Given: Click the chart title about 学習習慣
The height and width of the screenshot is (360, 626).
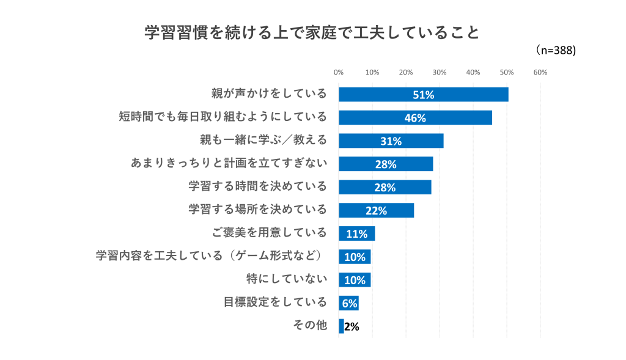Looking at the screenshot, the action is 312,33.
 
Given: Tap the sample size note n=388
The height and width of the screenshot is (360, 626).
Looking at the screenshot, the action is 555,50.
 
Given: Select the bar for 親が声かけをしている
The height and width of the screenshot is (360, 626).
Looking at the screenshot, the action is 424,95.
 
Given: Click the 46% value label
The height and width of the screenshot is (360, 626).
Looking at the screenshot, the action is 415,118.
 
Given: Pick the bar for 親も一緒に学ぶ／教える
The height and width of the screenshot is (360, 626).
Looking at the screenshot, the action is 391,141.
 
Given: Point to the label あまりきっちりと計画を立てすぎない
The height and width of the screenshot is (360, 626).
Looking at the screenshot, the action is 229,163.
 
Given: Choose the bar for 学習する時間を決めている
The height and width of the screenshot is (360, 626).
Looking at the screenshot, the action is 385,187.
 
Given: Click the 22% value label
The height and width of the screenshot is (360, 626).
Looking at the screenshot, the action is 377,211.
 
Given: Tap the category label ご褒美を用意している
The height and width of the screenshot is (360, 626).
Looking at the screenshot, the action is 270,232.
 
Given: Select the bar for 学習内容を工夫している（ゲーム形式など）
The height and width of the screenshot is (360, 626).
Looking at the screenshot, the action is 355,257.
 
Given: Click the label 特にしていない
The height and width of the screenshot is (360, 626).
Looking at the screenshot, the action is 287,279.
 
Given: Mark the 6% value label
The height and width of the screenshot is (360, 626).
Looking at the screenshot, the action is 350,303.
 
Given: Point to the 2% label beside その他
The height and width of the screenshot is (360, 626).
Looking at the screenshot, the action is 352,326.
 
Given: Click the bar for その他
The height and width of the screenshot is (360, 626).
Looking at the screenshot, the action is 341,326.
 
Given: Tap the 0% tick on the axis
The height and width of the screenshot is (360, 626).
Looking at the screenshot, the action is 339,72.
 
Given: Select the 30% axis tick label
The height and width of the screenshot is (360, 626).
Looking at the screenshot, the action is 440,72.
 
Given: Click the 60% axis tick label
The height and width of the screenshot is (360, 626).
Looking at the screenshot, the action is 540,72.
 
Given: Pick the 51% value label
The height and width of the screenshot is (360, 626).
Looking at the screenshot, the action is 424,95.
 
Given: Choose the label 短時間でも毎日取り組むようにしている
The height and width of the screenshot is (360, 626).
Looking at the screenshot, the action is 223,117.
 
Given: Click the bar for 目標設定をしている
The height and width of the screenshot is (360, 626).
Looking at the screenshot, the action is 348,303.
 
